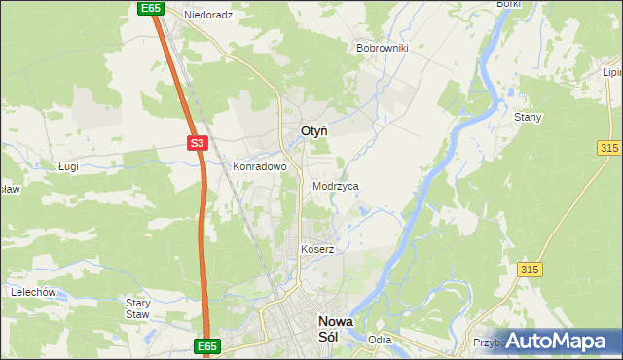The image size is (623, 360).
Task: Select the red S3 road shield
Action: coord(198,144)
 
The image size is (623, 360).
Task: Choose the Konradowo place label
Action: coord(260,166)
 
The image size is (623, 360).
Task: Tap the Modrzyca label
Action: coord(336,185)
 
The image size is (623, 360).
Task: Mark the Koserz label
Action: coord(317,249)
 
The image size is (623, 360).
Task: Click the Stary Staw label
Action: coord(137,307)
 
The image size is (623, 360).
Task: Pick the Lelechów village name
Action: coord(31,292)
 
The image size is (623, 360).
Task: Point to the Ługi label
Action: coord(68,166)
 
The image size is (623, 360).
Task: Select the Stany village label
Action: coord(528,117)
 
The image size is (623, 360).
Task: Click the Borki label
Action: coord(509,4)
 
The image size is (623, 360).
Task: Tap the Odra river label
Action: coord(380,340)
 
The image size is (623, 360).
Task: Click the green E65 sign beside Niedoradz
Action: coord(149,8)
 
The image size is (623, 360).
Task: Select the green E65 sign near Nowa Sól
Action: coord(207,346)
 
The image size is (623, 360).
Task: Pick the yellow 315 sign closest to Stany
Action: coord(609,146)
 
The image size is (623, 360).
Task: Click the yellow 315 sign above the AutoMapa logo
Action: coord(530,269)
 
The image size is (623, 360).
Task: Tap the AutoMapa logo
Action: coord(556,341)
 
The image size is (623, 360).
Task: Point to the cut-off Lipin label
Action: coord(612,72)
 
